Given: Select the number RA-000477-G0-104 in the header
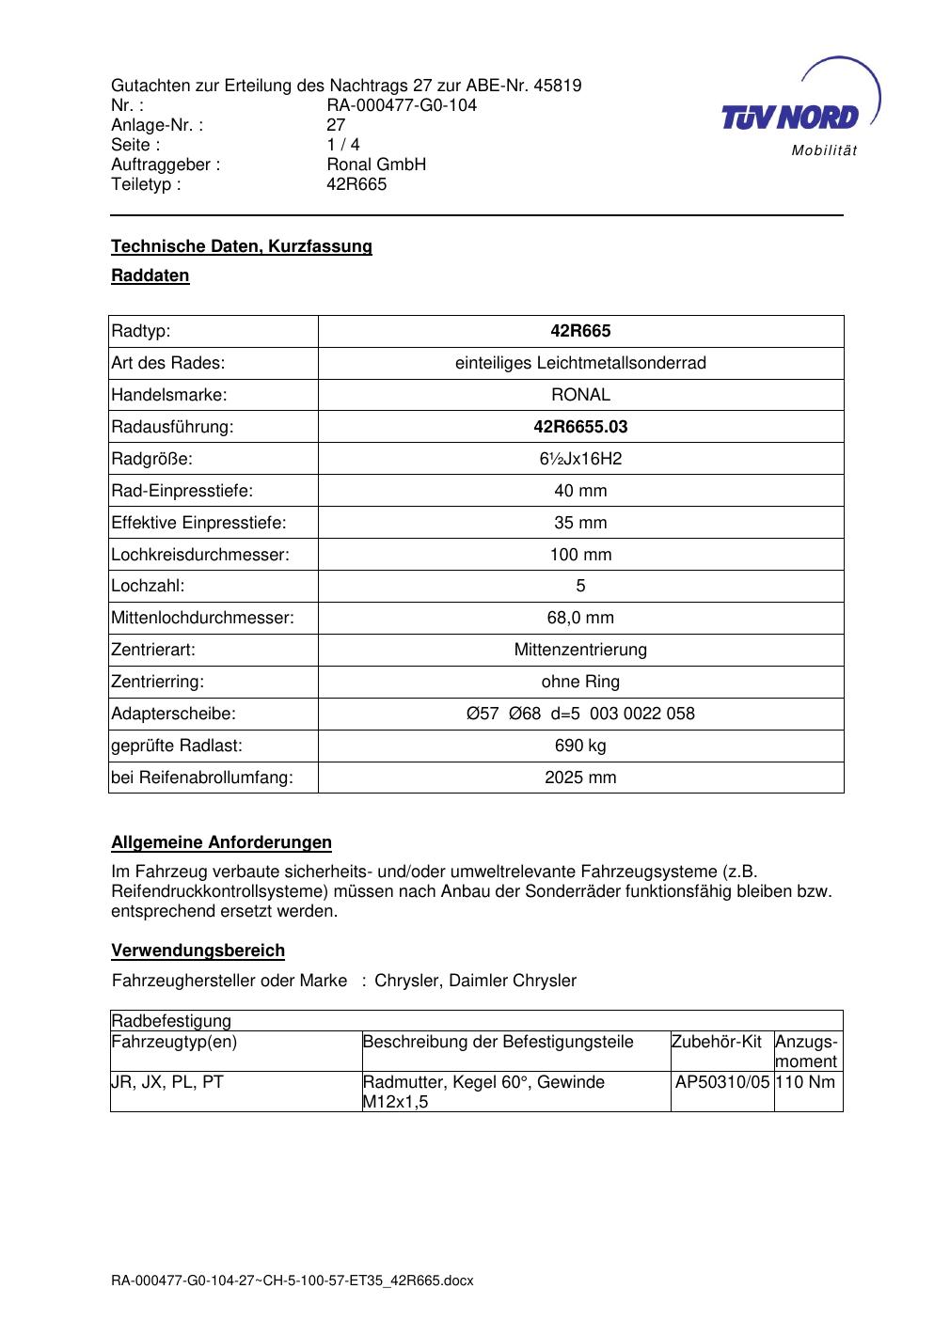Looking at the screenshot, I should click(x=402, y=105).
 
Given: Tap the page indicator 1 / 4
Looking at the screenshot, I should click(x=343, y=145).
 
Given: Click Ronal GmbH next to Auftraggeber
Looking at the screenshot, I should click(x=376, y=165).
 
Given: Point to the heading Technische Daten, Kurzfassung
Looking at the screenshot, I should click(x=242, y=246).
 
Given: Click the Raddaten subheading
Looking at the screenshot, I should click(x=150, y=275).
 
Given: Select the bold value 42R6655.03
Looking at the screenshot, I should click(x=580, y=427).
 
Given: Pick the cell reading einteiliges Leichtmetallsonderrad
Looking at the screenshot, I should click(x=580, y=363).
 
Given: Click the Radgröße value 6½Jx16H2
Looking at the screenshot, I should click(x=580, y=459).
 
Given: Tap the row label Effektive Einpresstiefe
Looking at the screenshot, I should click(x=199, y=523).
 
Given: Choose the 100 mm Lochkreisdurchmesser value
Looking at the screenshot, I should click(x=580, y=555).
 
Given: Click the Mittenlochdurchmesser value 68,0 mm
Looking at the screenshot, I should click(x=580, y=618).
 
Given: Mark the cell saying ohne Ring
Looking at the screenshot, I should click(x=580, y=682).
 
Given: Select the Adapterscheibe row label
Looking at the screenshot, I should click(x=174, y=714).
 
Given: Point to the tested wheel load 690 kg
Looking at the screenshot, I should click(x=580, y=746).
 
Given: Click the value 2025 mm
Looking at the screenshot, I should click(x=580, y=778).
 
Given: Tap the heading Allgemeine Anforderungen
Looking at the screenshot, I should click(x=222, y=842).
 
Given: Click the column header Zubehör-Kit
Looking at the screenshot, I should click(x=717, y=1042).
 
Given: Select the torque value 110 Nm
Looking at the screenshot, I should click(x=807, y=1082).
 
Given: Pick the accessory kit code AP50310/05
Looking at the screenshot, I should click(x=722, y=1082).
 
